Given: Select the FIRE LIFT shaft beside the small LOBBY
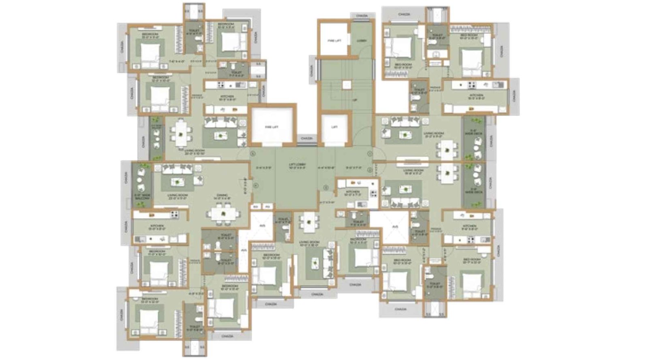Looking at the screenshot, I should tap(334, 40).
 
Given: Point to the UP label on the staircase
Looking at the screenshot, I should tap(355, 100).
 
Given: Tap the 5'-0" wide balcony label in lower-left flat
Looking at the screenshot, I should tap(141, 197).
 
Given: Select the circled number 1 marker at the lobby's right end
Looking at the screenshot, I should tap(370, 153).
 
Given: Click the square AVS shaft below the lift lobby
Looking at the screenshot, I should tap(262, 226).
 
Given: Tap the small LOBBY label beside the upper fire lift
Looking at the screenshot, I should tap(361, 40).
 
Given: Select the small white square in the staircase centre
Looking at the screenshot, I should tap(346, 85).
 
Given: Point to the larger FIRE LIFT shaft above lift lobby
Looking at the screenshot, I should tap(272, 126).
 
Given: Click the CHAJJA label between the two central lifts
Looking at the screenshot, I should tap(307, 138).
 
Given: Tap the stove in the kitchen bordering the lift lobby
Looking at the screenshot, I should tap(373, 194).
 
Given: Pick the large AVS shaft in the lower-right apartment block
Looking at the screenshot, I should tap(394, 227).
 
